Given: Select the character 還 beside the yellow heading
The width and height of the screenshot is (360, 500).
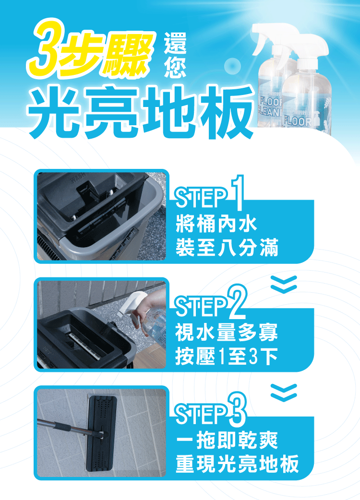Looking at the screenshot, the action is [175, 43].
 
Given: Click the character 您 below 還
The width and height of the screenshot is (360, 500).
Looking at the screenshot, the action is [175, 67].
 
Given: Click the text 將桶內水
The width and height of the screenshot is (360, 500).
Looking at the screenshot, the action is [216, 224].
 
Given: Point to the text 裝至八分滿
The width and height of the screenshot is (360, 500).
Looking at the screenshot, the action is [227, 247].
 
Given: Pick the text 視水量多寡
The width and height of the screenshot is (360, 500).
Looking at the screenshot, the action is [227, 332].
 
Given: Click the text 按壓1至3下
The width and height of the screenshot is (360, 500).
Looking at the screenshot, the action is [227, 356].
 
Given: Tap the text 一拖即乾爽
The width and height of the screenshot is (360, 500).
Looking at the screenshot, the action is [227, 440].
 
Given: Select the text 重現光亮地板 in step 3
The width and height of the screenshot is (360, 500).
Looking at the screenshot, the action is [237, 464].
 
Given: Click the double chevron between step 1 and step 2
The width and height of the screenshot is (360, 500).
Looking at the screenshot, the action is [284, 284].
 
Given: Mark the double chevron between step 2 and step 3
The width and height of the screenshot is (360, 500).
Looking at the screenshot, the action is [284, 393].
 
